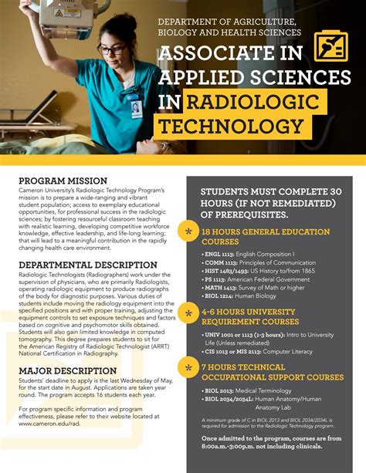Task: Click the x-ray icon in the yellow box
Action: pyautogui.click(x=330, y=46)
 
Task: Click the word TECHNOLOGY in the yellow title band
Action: pyautogui.click(x=231, y=127)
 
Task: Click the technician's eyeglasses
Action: pyautogui.click(x=114, y=49)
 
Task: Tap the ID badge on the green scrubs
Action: pyautogui.click(x=136, y=108)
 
